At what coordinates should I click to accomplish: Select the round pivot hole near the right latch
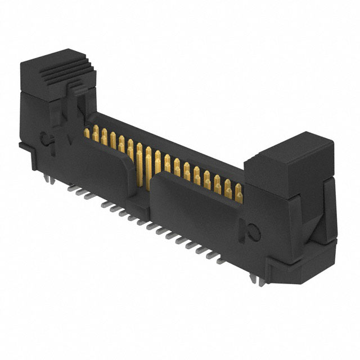pyautogui.click(x=253, y=231)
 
